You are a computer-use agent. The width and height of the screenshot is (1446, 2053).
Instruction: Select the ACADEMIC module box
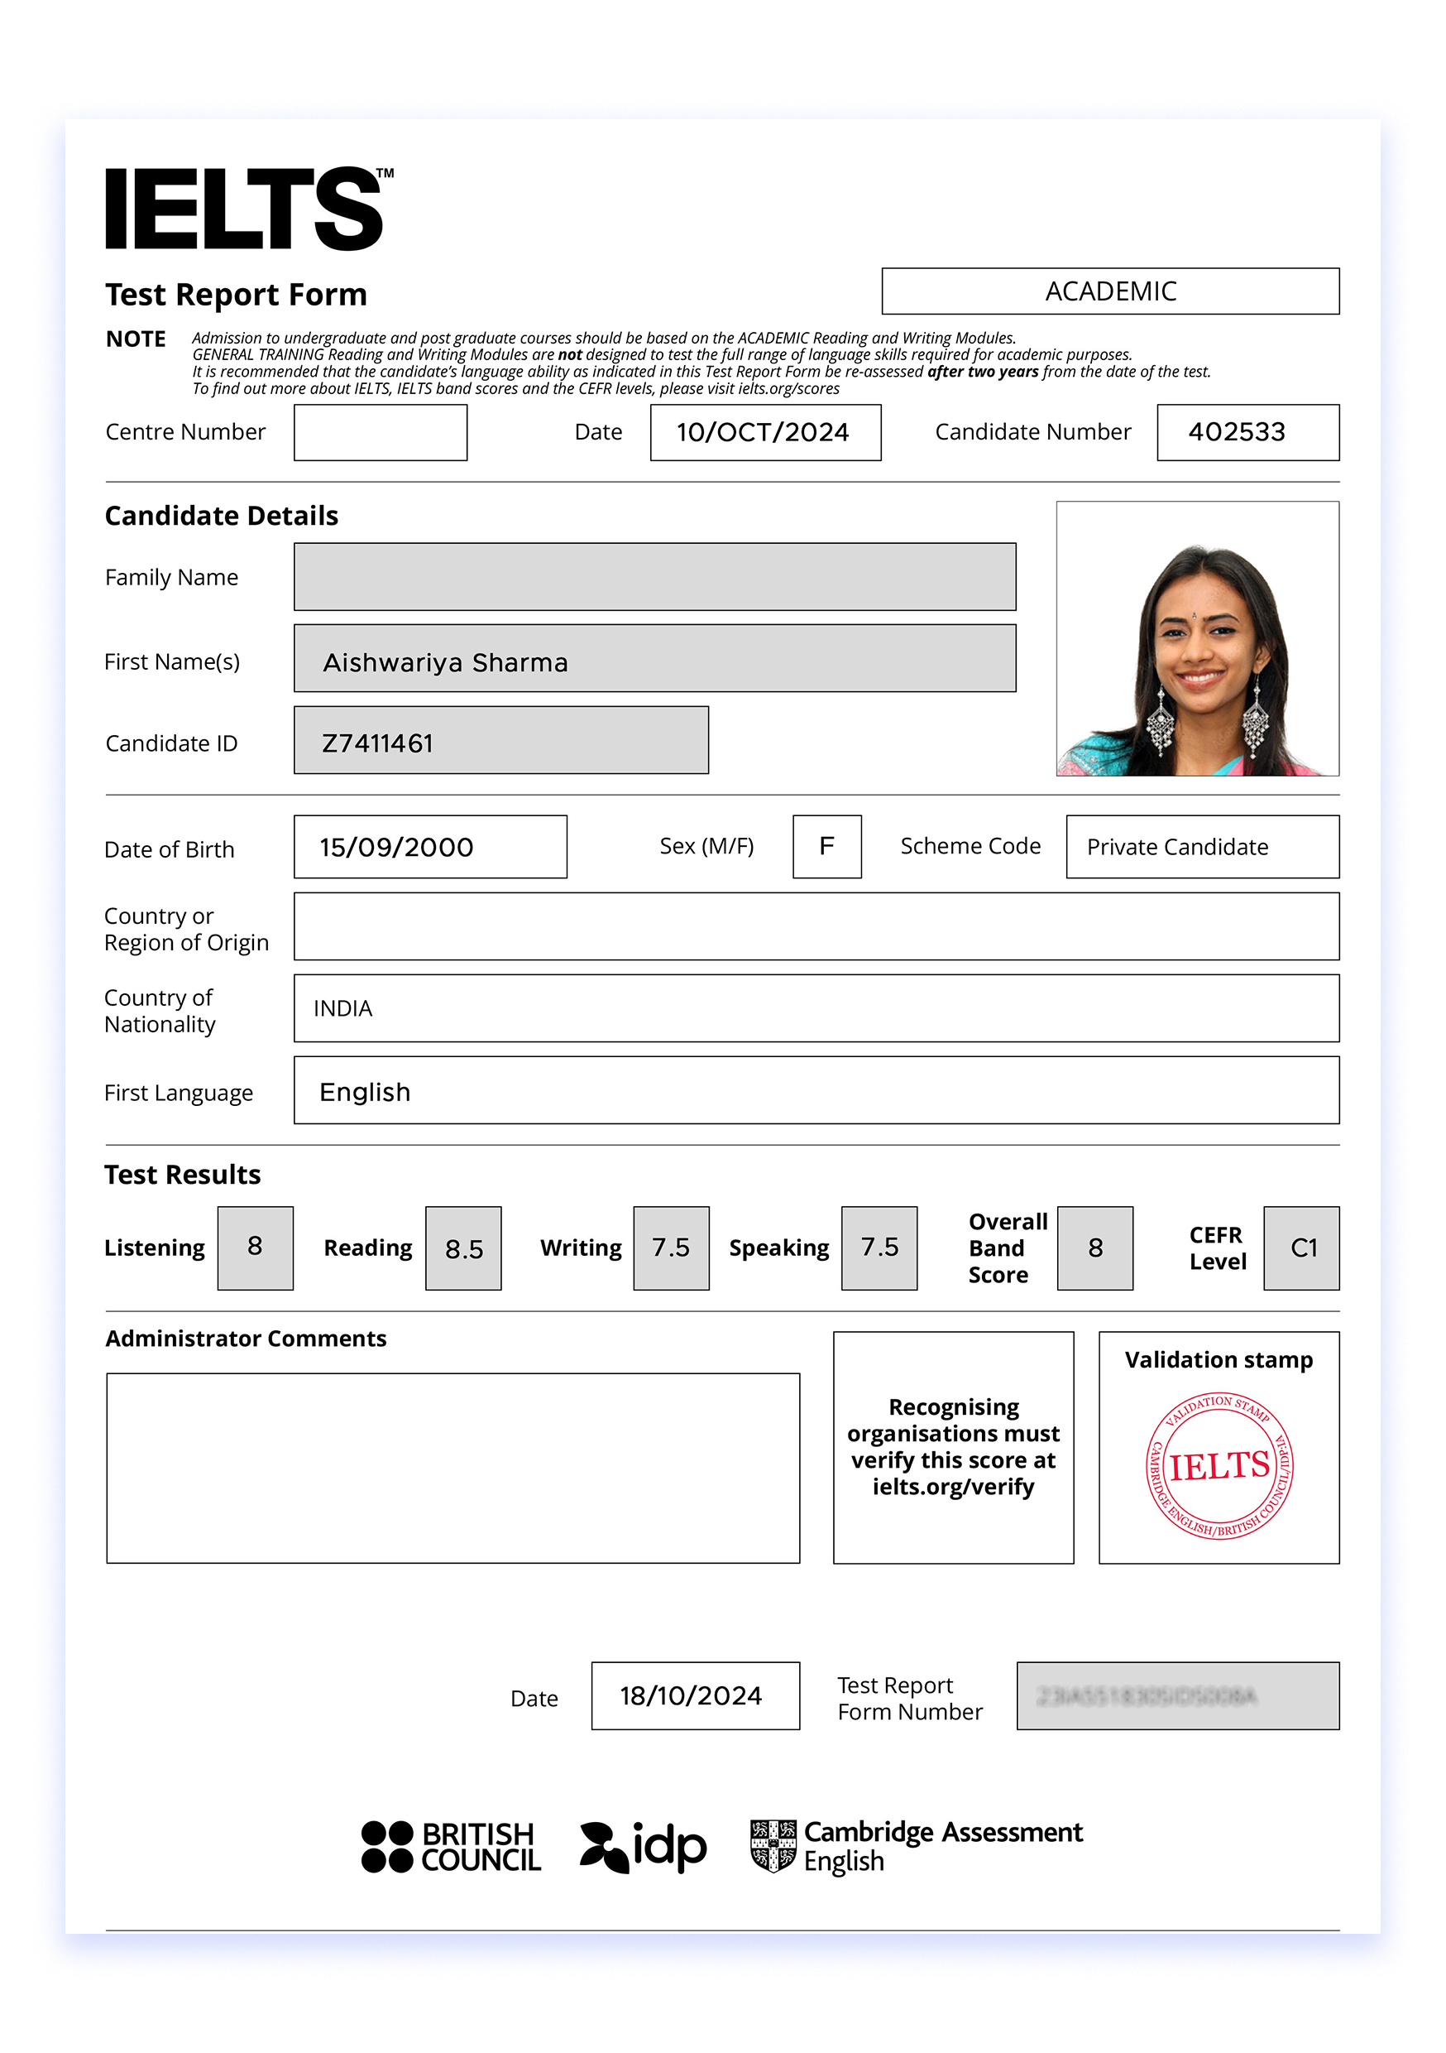click(x=1109, y=291)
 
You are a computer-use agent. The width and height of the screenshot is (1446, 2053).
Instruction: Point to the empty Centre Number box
click(x=380, y=433)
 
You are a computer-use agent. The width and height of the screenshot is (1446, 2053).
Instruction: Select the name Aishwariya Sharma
click(x=445, y=662)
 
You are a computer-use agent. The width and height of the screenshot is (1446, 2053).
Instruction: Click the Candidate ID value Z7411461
click(x=378, y=743)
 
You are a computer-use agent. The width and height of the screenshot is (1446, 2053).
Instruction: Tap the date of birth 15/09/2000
click(x=397, y=847)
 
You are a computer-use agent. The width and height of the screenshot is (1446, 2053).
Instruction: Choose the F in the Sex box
click(x=826, y=846)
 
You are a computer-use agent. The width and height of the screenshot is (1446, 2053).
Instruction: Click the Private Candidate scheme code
click(x=1177, y=847)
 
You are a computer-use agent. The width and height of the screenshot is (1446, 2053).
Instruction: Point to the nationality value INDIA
click(x=343, y=1008)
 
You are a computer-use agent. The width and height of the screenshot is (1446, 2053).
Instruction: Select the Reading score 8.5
click(x=464, y=1249)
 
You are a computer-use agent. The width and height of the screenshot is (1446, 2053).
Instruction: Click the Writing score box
click(x=670, y=1248)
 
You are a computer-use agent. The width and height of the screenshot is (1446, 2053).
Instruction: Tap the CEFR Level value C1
click(x=1303, y=1248)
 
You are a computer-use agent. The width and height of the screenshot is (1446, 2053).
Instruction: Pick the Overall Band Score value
click(x=1094, y=1248)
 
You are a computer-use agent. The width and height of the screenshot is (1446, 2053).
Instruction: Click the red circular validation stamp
click(x=1219, y=1466)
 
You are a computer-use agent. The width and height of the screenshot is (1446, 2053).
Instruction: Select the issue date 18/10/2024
click(x=691, y=1696)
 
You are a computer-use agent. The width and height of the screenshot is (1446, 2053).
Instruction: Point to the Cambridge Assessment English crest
click(x=773, y=1845)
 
